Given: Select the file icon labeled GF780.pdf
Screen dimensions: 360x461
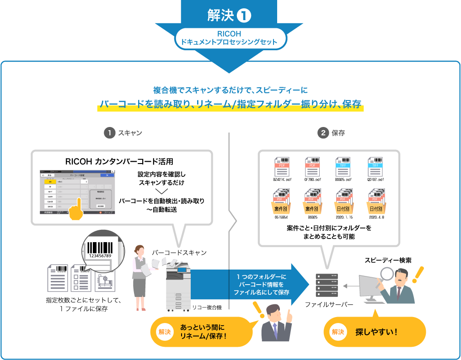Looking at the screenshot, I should (313, 167).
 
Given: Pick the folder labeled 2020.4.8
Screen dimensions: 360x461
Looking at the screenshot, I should (376, 201).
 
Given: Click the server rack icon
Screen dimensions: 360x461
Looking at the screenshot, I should (327, 286).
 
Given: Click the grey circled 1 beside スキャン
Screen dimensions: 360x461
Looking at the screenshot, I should (109, 133).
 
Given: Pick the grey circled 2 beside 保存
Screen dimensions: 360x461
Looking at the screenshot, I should (323, 133).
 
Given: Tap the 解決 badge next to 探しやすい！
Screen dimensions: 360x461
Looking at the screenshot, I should (337, 332).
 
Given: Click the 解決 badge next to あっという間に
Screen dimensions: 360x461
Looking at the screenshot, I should (165, 332).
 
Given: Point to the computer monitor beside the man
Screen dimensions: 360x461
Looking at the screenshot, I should (369, 287).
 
